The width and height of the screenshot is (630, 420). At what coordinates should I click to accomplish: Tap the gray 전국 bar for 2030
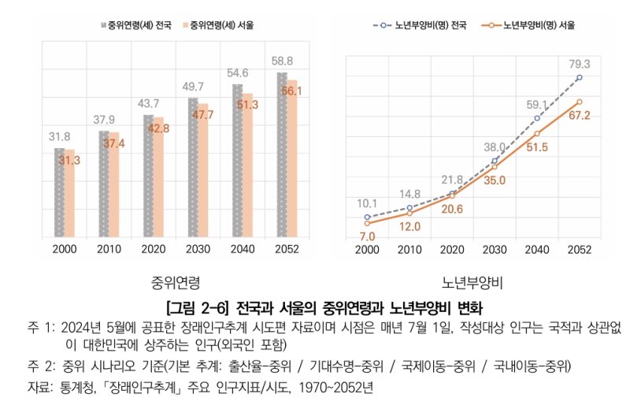click(x=193, y=166)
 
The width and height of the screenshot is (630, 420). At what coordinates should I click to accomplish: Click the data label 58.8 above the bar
click(x=282, y=61)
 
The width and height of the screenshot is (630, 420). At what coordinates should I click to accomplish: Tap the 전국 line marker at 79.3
click(x=579, y=77)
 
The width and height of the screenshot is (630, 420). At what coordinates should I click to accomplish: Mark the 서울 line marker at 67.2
click(x=579, y=102)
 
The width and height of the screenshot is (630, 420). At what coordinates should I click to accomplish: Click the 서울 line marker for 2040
click(x=536, y=134)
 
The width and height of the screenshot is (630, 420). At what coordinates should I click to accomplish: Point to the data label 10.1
click(x=366, y=203)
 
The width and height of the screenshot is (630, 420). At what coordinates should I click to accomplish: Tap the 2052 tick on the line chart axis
click(x=579, y=249)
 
